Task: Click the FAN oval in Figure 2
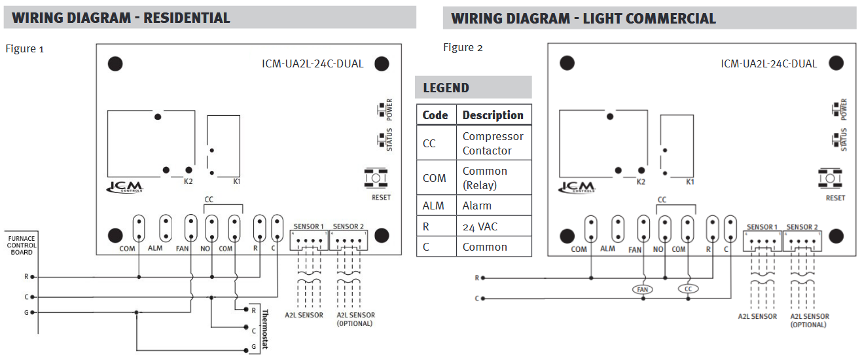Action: pos(643,289)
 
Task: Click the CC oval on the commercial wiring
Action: pos(688,289)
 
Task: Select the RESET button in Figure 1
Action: pos(376,178)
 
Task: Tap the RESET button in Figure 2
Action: pos(830,178)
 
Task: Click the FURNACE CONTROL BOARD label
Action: pos(22,245)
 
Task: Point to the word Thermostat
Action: pos(265,329)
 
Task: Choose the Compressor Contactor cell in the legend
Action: pos(493,143)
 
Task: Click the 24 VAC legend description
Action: pos(480,226)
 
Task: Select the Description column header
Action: pos(493,115)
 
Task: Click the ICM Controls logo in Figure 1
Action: pos(124,187)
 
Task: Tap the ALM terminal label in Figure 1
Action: pos(155,248)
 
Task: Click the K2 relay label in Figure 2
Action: pos(641,182)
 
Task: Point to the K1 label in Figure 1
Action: pos(237,181)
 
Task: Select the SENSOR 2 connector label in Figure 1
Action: pos(348,226)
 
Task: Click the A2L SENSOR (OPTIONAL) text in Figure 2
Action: pos(810,320)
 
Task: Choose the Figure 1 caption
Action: pos(25,49)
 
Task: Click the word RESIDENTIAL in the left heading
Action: pos(187,18)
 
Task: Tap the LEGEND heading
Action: pos(446,88)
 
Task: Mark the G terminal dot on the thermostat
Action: pos(246,350)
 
